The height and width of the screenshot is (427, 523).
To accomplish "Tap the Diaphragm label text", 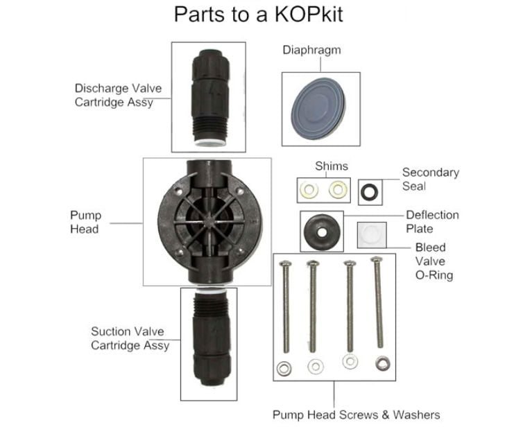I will click(311, 50).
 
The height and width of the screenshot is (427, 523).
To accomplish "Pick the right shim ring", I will click(337, 189).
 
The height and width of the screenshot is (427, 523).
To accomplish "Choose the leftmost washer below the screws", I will click(283, 369).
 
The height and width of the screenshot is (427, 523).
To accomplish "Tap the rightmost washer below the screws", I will click(381, 362).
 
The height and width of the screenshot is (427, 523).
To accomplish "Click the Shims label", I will click(332, 166).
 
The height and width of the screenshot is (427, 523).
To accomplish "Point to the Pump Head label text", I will click(85, 222).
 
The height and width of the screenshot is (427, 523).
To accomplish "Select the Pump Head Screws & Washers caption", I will click(356, 415).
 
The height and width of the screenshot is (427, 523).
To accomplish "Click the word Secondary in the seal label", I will click(431, 173).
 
